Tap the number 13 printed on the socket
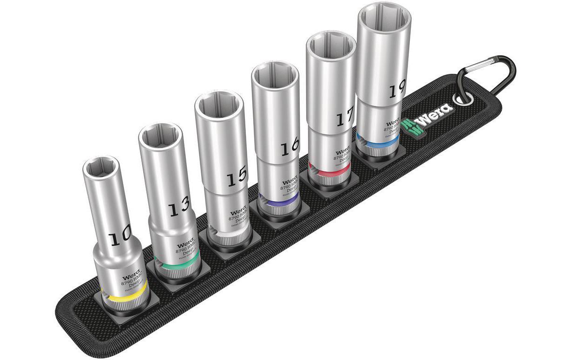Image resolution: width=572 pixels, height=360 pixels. (179, 208)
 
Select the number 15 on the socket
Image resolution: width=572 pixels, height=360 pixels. (237, 177)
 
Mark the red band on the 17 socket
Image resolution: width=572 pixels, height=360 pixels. (328, 174)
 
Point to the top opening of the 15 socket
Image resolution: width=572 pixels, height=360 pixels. (218, 105)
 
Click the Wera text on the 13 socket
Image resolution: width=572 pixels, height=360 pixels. (184, 244)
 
